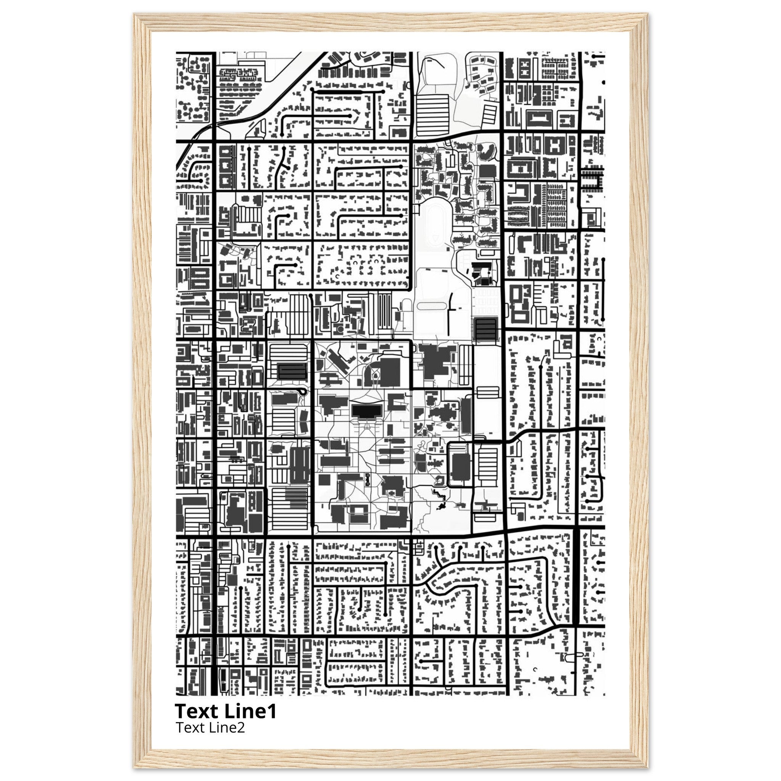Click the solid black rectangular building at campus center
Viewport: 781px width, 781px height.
[366, 411]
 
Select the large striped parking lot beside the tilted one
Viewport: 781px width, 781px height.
[432, 115]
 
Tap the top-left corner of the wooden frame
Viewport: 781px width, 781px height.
[135, 14]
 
